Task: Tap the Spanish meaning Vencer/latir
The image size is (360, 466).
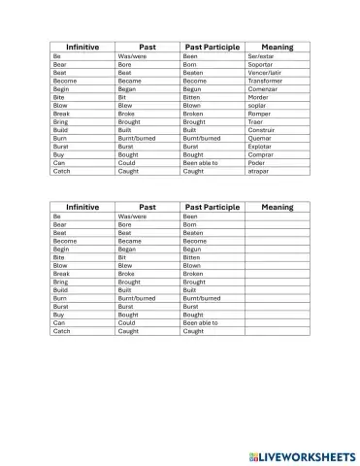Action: [264, 73]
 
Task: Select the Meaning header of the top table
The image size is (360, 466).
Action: [277, 47]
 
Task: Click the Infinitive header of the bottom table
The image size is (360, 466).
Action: [82, 207]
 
